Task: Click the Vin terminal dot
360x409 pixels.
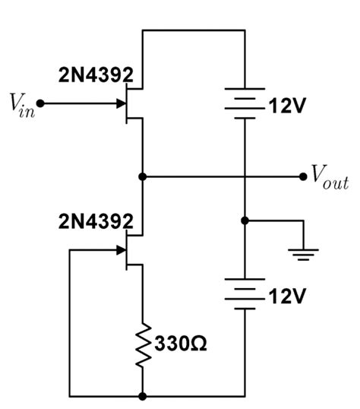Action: click(x=40, y=103)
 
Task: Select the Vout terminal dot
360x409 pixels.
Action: click(x=303, y=176)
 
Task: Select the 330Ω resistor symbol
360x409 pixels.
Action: click(x=142, y=341)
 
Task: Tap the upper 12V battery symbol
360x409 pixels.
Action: click(x=245, y=103)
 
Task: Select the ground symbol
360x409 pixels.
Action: click(x=304, y=253)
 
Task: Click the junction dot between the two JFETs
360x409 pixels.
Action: click(x=142, y=176)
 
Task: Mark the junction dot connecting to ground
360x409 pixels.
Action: click(x=245, y=221)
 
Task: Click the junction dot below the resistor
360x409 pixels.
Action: click(x=142, y=396)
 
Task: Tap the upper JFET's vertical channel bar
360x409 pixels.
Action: click(x=128, y=103)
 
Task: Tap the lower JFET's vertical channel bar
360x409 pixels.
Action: click(x=128, y=249)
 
